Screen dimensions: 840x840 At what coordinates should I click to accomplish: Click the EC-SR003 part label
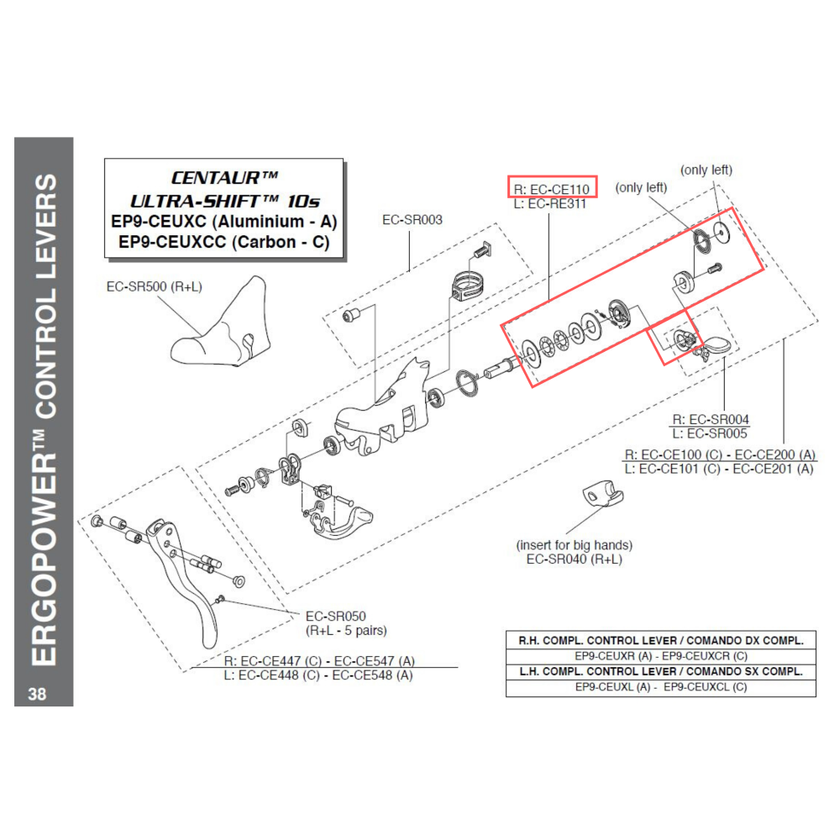[x=412, y=220]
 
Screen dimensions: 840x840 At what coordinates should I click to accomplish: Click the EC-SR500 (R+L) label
[x=155, y=286]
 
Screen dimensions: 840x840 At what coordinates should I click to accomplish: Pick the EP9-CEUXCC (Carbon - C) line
[x=223, y=242]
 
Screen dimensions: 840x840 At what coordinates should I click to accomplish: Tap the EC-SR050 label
[x=335, y=616]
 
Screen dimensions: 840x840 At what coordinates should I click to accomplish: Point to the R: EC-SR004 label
[x=711, y=419]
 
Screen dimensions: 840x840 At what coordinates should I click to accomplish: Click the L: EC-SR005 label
[x=711, y=433]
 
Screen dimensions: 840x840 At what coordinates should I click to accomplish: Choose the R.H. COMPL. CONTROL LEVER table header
[x=660, y=640]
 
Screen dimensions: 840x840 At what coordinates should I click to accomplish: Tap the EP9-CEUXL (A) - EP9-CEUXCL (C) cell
[x=660, y=687]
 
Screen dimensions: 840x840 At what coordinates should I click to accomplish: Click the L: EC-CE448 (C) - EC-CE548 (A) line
[x=318, y=675]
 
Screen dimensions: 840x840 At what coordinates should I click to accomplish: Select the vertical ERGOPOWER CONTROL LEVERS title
[x=44, y=420]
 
